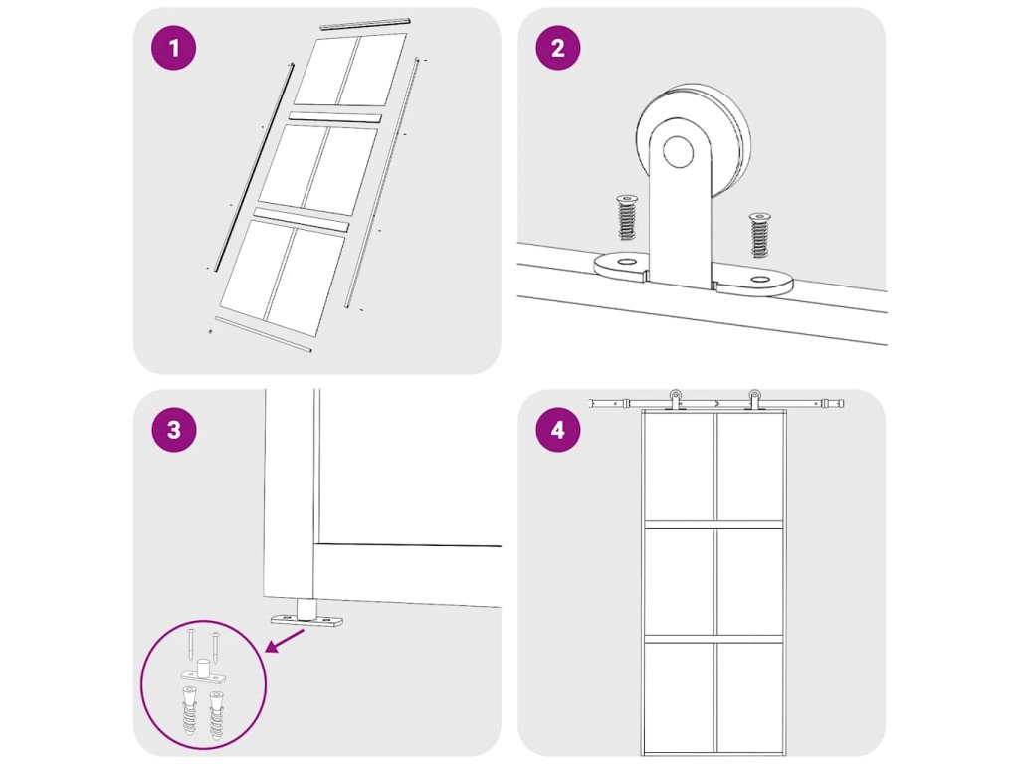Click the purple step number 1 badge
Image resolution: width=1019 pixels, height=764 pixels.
coord(173,48)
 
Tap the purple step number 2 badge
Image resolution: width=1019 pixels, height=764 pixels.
coord(557,48)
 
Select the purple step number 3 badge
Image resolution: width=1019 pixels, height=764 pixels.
coord(173,430)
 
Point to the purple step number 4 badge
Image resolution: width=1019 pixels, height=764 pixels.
coord(557,430)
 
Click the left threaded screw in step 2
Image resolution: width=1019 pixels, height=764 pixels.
coord(627,217)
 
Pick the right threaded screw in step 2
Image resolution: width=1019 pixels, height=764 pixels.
coord(759,235)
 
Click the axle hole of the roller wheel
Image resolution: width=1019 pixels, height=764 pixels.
coord(678,152)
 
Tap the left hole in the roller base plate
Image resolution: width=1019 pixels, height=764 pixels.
coord(627,262)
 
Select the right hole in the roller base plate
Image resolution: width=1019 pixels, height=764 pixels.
coord(759,280)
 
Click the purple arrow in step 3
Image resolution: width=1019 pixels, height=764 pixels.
coord(285,640)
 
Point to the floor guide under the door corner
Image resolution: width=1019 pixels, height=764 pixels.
coord(306,613)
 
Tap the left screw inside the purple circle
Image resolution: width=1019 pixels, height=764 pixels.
coord(190,644)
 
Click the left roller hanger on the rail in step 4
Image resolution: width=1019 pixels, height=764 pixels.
coord(676,400)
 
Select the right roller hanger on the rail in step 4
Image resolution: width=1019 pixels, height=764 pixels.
coord(754,400)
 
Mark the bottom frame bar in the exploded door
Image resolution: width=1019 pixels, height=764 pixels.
coord(263,334)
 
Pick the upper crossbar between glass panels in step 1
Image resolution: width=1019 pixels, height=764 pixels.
coord(334,117)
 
